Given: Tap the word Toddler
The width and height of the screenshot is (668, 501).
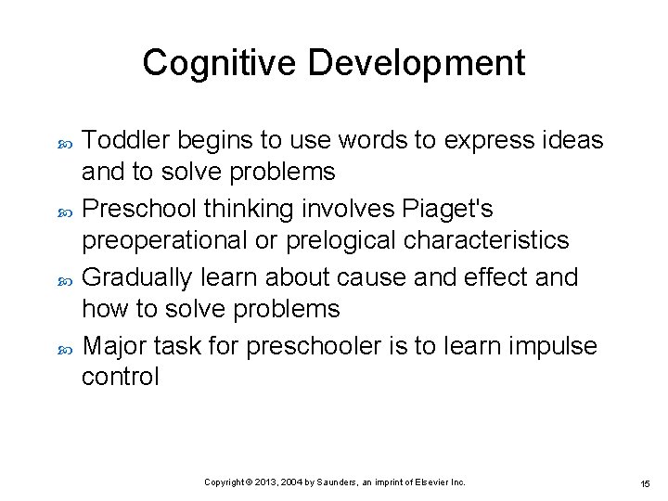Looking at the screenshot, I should click(125, 140).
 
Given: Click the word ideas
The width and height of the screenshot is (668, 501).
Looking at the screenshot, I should click(576, 140).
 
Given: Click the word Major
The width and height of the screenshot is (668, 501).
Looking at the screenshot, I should click(115, 346).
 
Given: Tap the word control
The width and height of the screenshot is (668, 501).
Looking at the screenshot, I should click(120, 377).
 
